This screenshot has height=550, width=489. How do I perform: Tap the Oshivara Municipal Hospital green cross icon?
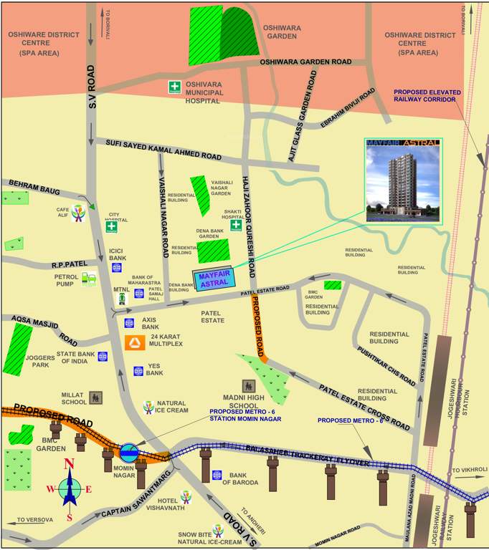[174, 87]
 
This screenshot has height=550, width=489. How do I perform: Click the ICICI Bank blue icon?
[116, 268]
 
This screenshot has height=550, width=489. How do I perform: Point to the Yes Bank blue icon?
[138, 371]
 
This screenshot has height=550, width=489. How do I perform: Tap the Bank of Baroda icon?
[217, 475]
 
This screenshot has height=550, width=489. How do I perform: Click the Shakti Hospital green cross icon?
[235, 226]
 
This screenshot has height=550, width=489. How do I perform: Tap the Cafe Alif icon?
[77, 215]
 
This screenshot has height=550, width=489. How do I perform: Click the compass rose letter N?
[70, 464]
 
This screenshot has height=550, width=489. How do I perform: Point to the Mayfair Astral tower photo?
[403, 182]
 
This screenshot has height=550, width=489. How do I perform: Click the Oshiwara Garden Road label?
[306, 62]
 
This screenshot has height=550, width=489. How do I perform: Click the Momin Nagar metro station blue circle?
[130, 452]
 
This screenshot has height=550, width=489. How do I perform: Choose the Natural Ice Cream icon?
[148, 407]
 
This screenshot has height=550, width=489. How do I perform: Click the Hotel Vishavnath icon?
[186, 496]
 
